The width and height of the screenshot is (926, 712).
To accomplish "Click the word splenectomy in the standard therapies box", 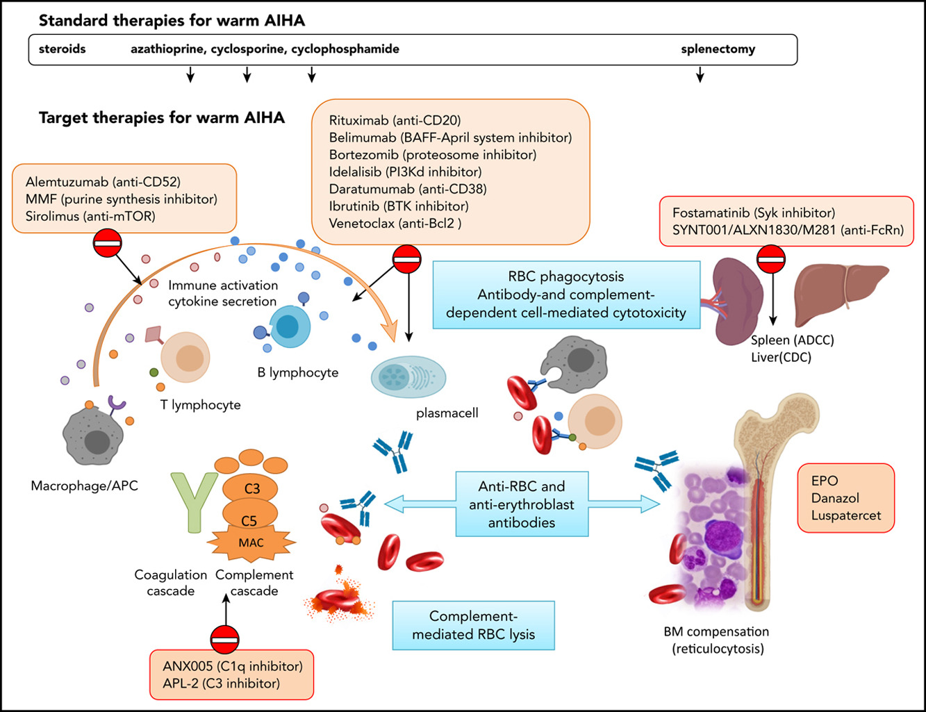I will click(718, 49).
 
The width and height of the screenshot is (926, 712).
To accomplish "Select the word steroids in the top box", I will click(63, 49).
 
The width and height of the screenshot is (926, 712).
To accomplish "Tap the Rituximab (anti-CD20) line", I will click(395, 121).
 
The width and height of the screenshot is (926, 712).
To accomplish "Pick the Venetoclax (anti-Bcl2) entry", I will click(395, 223).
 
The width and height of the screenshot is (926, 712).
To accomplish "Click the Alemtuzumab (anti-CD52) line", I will click(103, 183).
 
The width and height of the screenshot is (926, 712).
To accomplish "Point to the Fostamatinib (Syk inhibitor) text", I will click(754, 213).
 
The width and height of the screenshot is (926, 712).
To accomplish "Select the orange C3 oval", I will click(251, 488).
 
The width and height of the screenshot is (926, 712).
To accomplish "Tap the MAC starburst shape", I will click(251, 543).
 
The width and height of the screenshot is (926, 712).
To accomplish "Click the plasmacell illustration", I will click(408, 376).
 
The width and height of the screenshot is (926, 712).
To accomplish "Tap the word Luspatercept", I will click(845, 515).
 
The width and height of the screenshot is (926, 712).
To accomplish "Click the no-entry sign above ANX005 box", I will click(224, 639).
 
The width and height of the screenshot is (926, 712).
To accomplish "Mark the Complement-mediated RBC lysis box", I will click(473, 625).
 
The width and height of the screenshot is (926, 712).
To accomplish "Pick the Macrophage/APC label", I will click(84, 486).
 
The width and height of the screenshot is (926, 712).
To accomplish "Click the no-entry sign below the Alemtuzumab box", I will click(107, 244).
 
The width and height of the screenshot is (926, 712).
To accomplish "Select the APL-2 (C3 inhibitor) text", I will click(221, 684).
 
